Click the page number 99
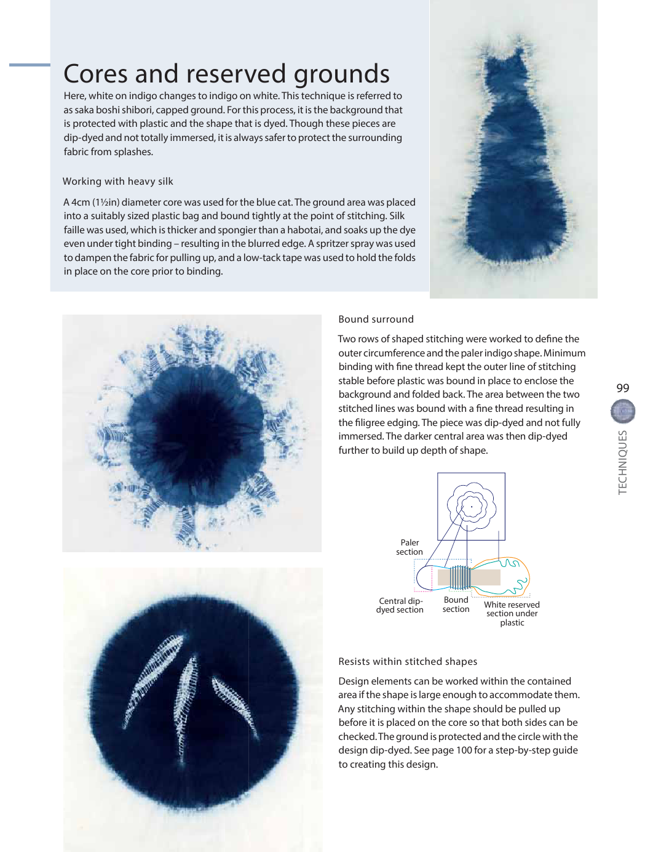[x=622, y=388]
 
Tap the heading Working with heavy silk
[x=117, y=181]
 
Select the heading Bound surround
[x=376, y=319]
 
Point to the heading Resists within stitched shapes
[x=408, y=661]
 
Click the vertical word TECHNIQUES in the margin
[x=623, y=462]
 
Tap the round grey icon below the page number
[x=623, y=411]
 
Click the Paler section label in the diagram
[x=410, y=547]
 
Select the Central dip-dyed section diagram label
[x=400, y=605]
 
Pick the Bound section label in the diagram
[x=456, y=604]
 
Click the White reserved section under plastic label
[x=512, y=613]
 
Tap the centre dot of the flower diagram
[x=472, y=507]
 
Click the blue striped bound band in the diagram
[x=460, y=577]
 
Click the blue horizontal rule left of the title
[x=30, y=65]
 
